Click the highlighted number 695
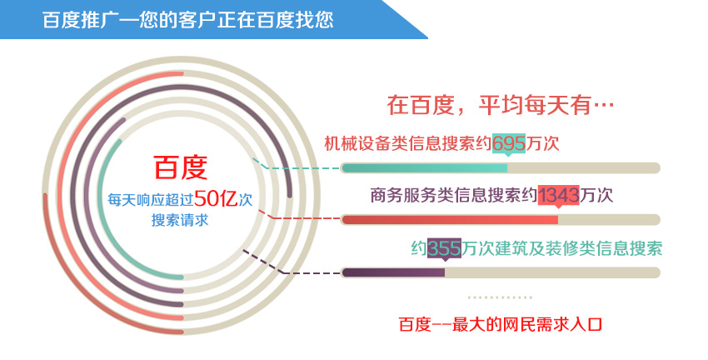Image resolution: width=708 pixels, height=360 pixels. (x=508, y=143)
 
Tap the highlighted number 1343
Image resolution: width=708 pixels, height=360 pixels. (x=559, y=195)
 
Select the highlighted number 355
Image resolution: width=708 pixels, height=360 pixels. (x=444, y=248)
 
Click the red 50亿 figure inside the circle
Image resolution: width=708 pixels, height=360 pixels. (x=217, y=198)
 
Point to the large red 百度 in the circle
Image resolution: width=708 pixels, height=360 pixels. (x=181, y=167)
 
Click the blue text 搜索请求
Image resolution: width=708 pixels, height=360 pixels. (x=180, y=221)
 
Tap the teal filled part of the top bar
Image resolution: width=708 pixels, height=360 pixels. (x=425, y=168)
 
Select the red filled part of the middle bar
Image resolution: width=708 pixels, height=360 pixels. (x=450, y=220)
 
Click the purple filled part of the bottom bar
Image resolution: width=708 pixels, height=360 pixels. (x=393, y=272)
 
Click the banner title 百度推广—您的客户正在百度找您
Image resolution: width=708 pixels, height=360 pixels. (x=188, y=20)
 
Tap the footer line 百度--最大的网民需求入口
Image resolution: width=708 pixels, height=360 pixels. (x=501, y=324)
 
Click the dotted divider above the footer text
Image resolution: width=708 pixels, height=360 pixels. (x=501, y=297)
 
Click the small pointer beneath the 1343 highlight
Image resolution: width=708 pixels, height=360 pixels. (x=559, y=207)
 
